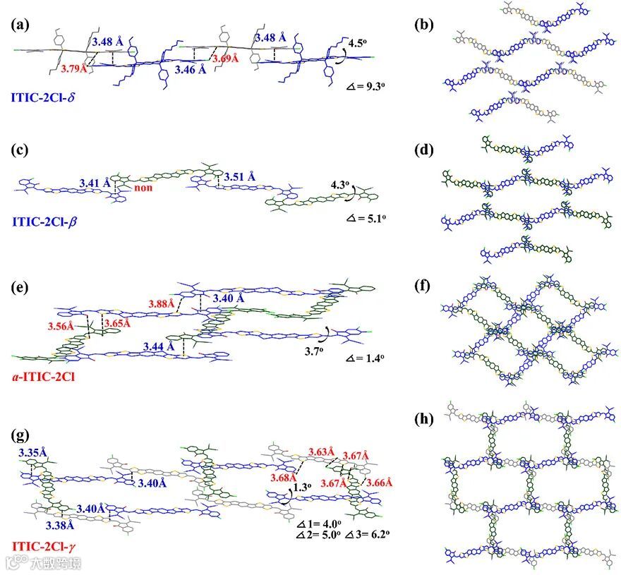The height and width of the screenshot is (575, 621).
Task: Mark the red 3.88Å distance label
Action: tap(162, 304)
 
